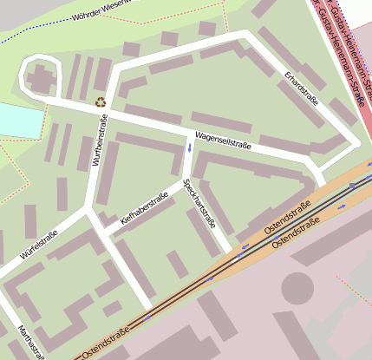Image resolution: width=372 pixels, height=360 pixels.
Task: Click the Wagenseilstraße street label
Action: (223, 141)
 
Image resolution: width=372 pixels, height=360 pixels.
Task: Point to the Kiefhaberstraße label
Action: (143, 209)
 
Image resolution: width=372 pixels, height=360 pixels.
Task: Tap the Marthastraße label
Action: (30, 342)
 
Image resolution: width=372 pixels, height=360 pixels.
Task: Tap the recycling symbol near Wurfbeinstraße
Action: (101, 101)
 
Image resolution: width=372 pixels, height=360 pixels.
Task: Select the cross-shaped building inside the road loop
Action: (41, 79)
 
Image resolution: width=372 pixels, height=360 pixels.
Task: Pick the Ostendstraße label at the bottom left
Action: (106, 344)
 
